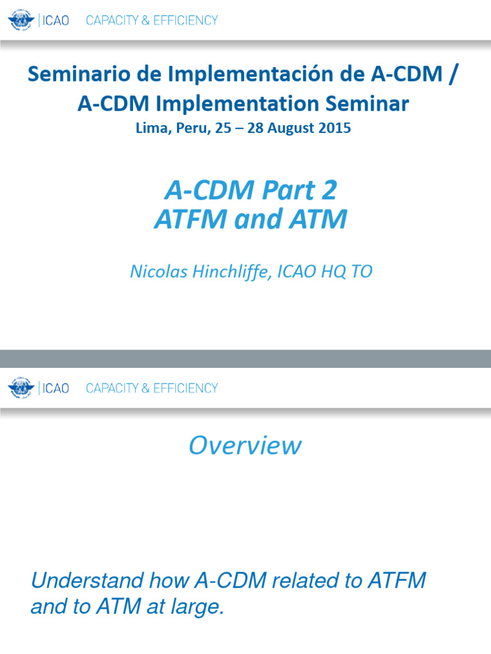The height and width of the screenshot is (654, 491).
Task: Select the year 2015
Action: (x=334, y=127)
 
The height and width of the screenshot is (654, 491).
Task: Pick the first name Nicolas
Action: (x=157, y=271)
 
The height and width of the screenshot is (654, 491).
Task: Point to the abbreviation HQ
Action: (x=334, y=271)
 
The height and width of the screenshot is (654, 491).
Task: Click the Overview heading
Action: (x=245, y=445)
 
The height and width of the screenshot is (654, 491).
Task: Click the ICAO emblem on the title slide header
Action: (x=21, y=20)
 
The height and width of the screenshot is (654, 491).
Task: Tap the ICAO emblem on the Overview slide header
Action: (x=21, y=388)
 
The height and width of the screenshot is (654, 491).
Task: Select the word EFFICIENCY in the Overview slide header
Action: (x=186, y=388)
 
